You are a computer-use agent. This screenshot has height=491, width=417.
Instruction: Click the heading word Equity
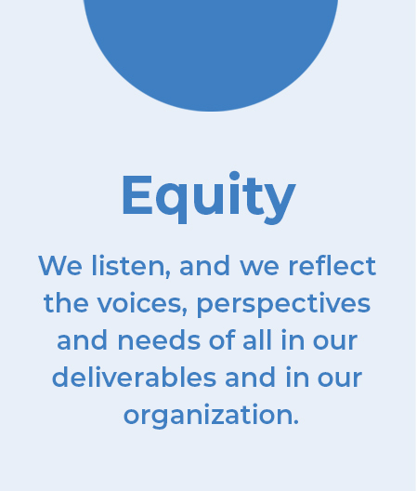pyautogui.click(x=209, y=197)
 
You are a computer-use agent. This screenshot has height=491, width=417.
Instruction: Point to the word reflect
pyautogui.click(x=332, y=266)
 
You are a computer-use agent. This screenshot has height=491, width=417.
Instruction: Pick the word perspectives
pyautogui.click(x=283, y=305)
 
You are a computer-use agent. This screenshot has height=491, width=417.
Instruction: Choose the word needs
pyautogui.click(x=159, y=340)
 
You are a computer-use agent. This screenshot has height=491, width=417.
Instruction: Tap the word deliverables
pyautogui.click(x=134, y=378)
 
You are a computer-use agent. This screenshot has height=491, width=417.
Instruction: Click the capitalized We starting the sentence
pyautogui.click(x=60, y=266)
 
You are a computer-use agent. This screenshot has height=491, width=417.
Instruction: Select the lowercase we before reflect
pyautogui.click(x=259, y=268)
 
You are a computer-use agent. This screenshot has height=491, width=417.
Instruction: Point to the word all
pyautogui.click(x=257, y=339)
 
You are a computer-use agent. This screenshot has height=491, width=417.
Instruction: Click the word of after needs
pyautogui.click(x=222, y=339)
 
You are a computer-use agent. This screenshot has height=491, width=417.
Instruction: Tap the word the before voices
pyautogui.click(x=66, y=303)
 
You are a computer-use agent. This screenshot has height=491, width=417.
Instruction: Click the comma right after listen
pyautogui.click(x=168, y=273)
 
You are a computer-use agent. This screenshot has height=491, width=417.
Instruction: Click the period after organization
pyautogui.click(x=296, y=422)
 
